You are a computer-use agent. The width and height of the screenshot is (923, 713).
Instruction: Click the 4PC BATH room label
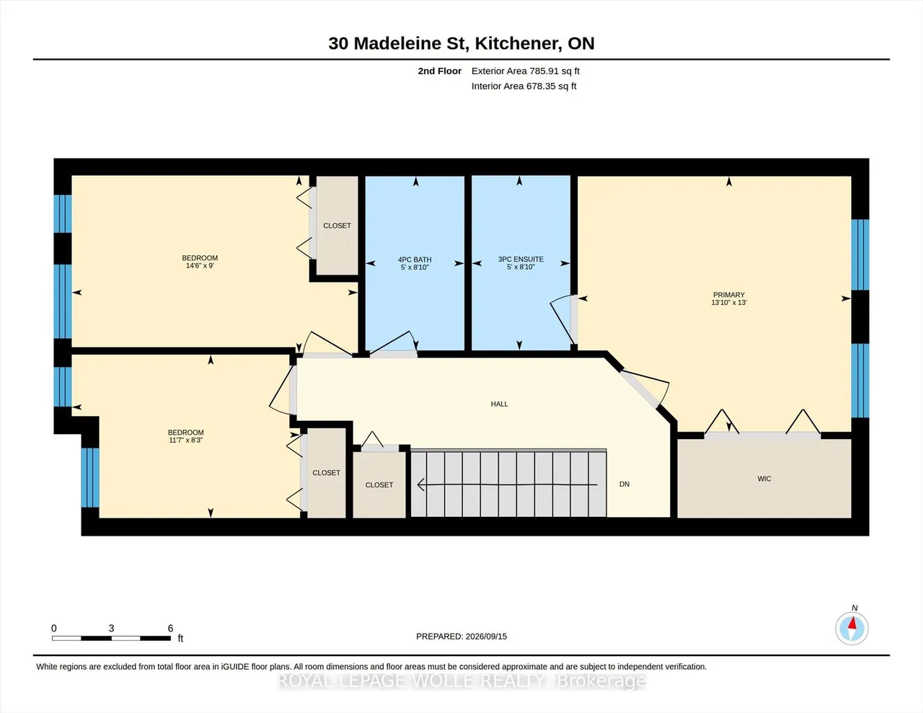point(415,260)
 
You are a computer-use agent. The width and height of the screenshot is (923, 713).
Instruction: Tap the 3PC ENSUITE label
point(521,259)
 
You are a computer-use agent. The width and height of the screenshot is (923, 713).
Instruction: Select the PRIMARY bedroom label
point(729,295)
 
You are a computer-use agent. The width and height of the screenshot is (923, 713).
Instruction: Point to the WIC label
point(764,479)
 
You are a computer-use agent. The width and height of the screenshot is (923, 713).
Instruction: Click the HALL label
point(500,404)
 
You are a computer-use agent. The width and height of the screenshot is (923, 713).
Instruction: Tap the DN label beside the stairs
point(624,484)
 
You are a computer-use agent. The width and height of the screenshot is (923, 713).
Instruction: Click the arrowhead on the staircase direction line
point(421,484)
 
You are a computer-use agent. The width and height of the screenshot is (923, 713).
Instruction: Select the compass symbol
point(852,629)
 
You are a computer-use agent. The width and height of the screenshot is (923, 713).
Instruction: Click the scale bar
point(111,638)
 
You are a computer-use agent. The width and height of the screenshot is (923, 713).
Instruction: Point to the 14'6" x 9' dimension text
point(200,266)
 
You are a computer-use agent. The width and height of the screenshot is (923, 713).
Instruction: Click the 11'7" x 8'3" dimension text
point(185,440)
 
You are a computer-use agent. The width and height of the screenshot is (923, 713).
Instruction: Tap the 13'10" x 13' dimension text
point(729,303)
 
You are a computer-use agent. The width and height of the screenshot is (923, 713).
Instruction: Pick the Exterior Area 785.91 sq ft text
point(526,71)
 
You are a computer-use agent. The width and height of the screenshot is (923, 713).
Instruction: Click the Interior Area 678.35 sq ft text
point(524,87)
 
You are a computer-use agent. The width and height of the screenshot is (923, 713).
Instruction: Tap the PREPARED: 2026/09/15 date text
point(461,637)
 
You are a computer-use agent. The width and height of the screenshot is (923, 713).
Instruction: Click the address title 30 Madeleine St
point(397,43)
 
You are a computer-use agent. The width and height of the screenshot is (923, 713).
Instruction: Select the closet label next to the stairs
point(379,485)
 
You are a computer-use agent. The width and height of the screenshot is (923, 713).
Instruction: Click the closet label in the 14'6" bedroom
point(337,226)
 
